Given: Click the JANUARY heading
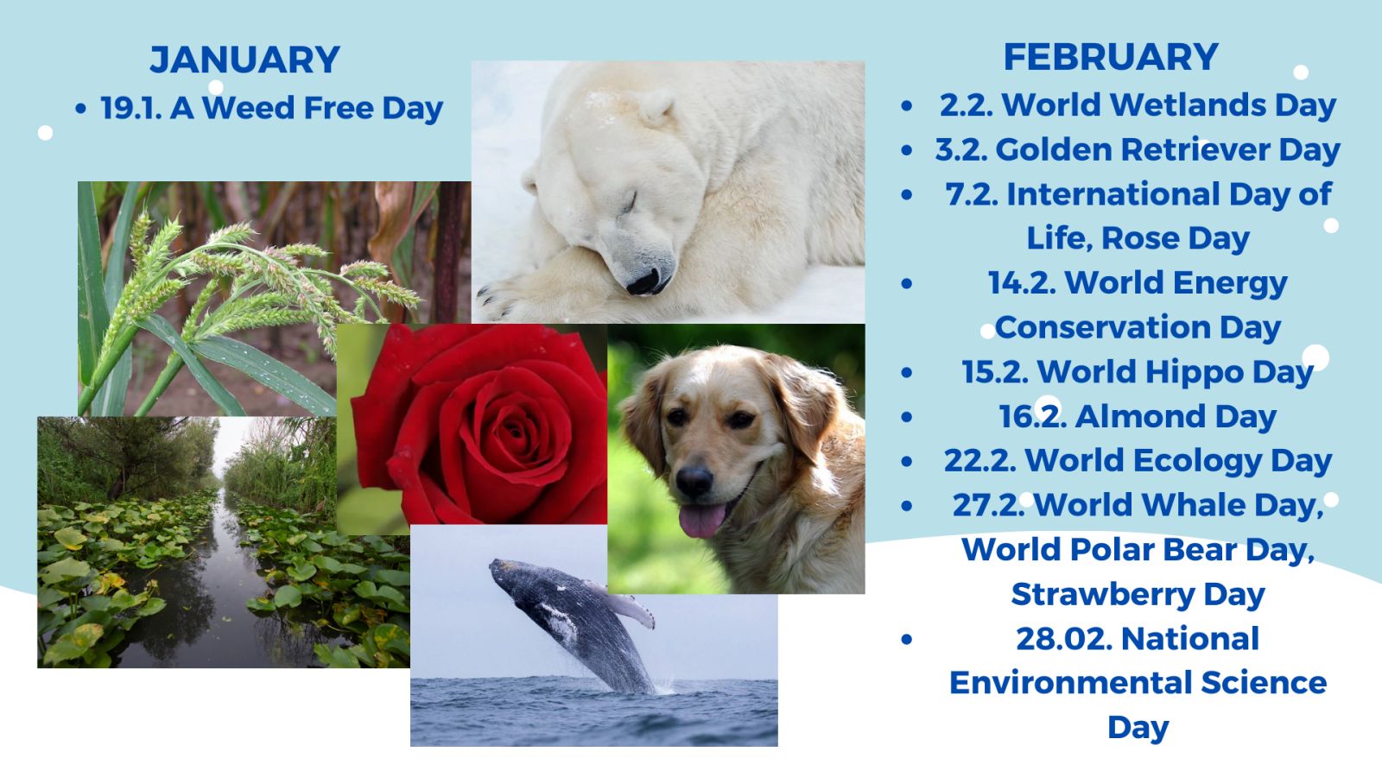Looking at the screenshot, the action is click(245, 60).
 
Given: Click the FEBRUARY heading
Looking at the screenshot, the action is click(1111, 57).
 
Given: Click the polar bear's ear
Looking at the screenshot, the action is click(656, 109).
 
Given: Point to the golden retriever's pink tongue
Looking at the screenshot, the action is click(702, 521).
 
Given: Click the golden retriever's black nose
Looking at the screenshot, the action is click(694, 480).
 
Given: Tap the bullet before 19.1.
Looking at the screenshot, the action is click(81, 109).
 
